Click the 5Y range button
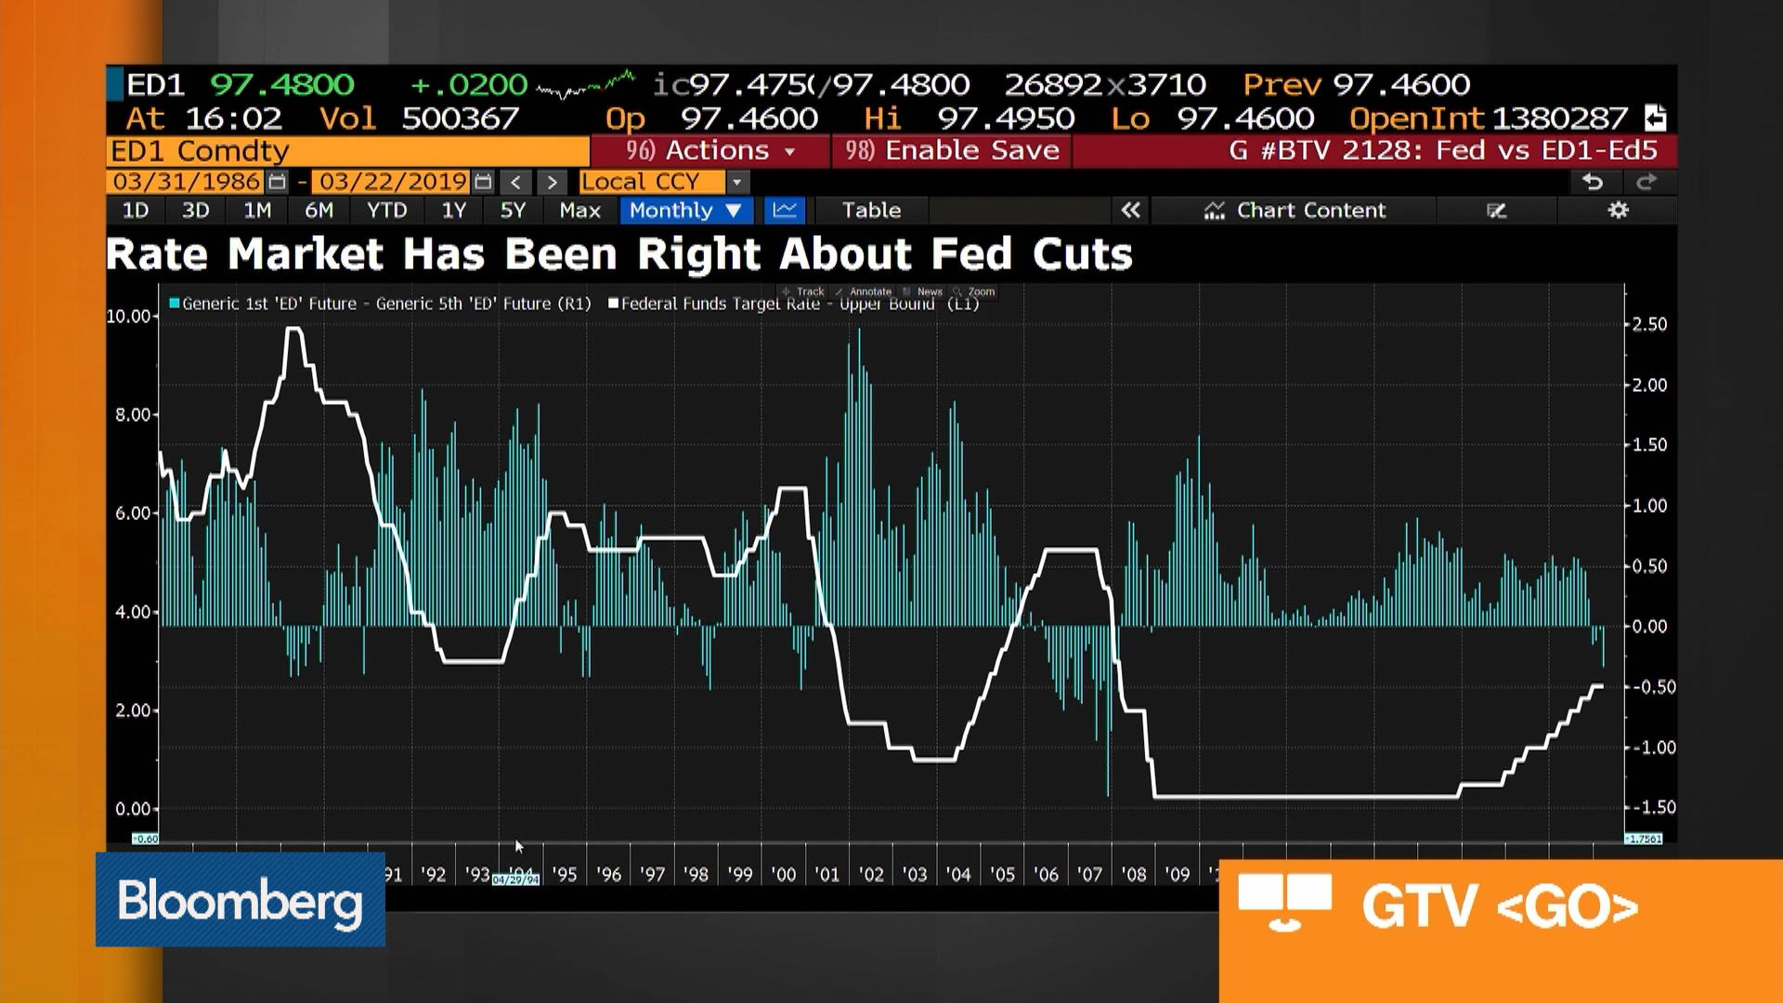[513, 210]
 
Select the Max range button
[579, 210]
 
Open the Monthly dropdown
[684, 210]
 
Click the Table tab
[870, 210]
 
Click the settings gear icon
[1618, 210]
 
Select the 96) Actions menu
[710, 150]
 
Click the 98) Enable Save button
[952, 150]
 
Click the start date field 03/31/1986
[187, 182]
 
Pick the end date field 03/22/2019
[393, 182]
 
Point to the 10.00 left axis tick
[129, 316]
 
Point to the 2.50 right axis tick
[1649, 324]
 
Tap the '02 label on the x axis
[870, 874]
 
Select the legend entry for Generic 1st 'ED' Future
[381, 304]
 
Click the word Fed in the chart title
[970, 254]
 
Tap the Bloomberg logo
[240, 900]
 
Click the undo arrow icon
[1592, 182]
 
